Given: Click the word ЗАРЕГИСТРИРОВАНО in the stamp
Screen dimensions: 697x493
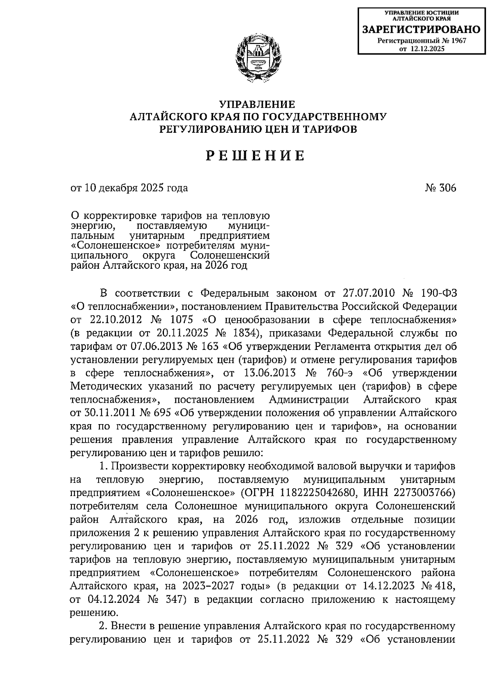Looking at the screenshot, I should point(421,30).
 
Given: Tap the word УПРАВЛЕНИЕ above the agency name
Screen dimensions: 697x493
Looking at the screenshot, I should point(257,104).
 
